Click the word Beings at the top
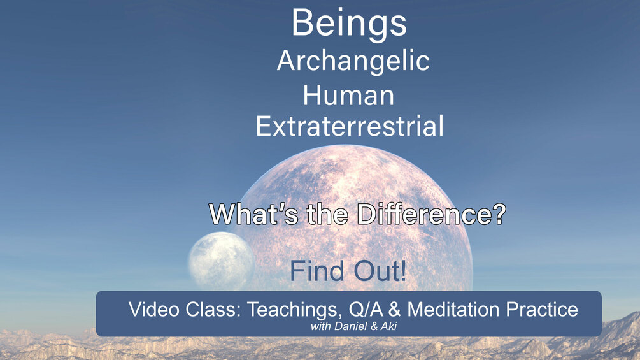[x=349, y=24]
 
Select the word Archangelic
[x=353, y=61]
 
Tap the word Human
[x=348, y=96]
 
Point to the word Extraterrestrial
[x=350, y=126]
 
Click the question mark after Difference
[x=499, y=214]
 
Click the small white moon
[x=222, y=261]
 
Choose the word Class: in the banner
[x=213, y=310]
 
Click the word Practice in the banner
[x=542, y=310]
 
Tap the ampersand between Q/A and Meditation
[x=395, y=310]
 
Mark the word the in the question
[x=327, y=214]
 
